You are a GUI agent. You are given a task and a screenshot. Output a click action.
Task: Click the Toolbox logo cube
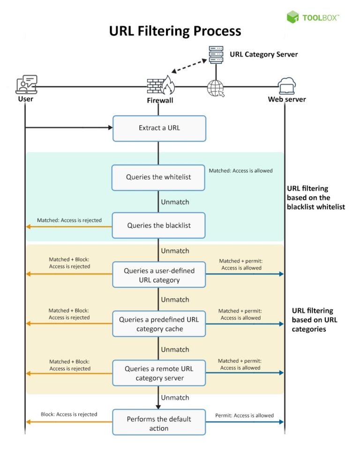click(x=293, y=17)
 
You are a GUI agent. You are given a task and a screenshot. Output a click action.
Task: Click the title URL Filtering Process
click(x=175, y=31)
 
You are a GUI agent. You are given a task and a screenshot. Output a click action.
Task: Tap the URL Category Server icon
click(x=216, y=55)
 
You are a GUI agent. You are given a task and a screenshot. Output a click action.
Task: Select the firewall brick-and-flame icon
click(x=159, y=86)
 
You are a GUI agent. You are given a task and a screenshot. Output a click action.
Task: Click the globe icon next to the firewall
click(x=216, y=88)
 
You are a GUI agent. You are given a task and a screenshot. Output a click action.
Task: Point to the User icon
click(x=26, y=85)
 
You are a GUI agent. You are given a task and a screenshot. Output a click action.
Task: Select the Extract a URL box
click(x=159, y=128)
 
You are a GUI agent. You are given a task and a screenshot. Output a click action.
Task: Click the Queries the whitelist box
click(x=158, y=177)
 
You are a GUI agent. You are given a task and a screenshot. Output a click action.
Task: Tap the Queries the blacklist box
click(x=159, y=225)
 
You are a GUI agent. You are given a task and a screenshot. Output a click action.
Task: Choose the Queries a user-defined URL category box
click(x=159, y=275)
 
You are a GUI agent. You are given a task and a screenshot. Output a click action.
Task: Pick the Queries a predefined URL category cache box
click(x=159, y=324)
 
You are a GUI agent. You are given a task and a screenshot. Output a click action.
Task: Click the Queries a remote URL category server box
click(x=159, y=373)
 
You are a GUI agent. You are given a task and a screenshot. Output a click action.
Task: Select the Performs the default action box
click(x=159, y=422)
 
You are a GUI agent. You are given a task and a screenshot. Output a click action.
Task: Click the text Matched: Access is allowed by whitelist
click(x=240, y=171)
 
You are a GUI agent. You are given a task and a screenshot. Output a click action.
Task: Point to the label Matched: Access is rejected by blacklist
click(x=69, y=220)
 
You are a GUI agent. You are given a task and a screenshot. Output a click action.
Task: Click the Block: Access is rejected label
click(x=69, y=414)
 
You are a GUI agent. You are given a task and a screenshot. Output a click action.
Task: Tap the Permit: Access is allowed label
click(x=244, y=415)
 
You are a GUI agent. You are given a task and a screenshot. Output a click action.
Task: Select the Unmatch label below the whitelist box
click(x=175, y=202)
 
